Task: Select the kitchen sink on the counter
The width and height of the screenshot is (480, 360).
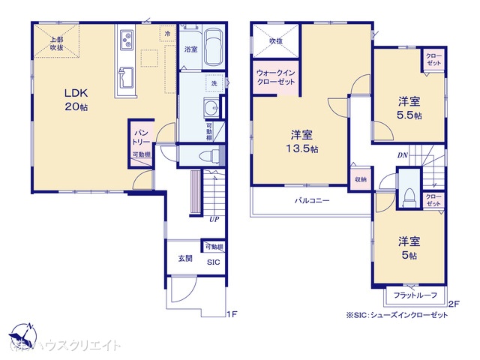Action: coord(124,76)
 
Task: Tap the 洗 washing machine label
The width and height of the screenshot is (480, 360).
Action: coord(214,82)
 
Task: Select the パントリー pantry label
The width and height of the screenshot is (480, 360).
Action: coord(140,136)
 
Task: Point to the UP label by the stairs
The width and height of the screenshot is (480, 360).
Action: coord(214,220)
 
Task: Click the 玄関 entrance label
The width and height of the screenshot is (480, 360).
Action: coord(185,259)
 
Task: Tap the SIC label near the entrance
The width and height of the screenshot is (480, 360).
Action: coord(213,262)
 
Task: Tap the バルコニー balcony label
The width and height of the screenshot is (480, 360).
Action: coord(311,200)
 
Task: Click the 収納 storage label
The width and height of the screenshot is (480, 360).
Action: coord(361,180)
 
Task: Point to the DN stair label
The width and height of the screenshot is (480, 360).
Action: coord(403,154)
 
